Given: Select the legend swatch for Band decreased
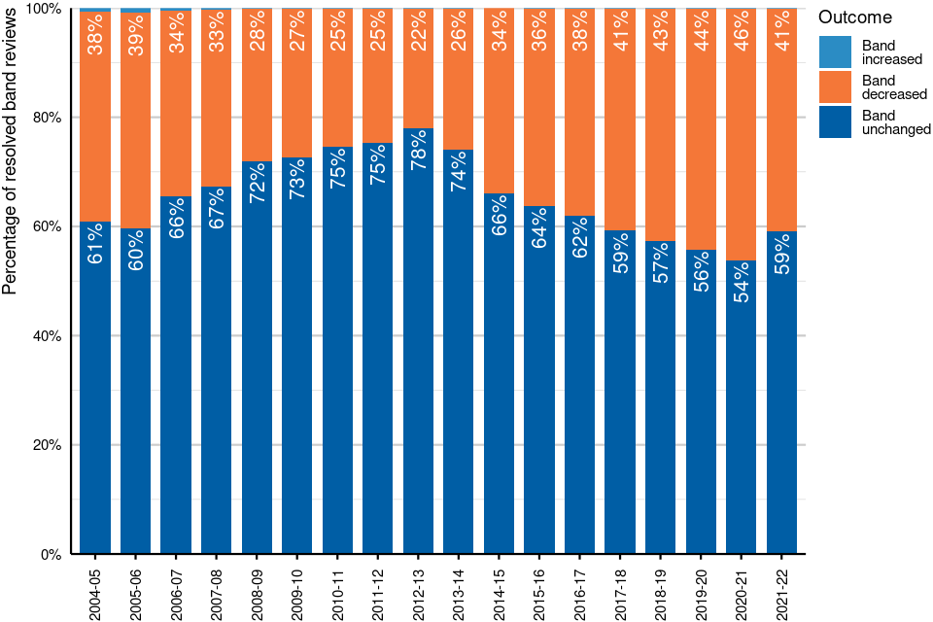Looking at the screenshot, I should [x=835, y=87].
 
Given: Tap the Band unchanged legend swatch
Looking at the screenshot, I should [x=835, y=122].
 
